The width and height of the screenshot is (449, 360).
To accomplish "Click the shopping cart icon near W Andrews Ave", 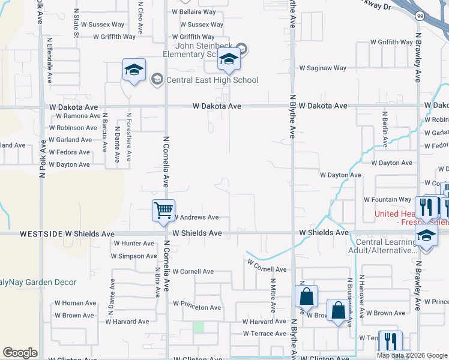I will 163,211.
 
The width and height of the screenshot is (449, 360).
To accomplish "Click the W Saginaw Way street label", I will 322,68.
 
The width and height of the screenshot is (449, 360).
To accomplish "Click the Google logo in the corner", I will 20,353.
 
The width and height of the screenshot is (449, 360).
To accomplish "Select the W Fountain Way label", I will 387,199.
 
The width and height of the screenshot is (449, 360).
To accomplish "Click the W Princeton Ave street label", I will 197,307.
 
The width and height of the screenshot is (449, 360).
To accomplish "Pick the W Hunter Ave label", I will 133,243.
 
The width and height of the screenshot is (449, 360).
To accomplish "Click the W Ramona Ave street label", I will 78,116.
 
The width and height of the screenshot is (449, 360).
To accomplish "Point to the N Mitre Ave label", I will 273,295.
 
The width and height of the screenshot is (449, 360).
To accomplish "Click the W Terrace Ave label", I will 265,334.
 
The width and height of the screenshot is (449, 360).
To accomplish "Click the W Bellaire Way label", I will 193,11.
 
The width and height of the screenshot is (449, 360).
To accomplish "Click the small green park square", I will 198,327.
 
